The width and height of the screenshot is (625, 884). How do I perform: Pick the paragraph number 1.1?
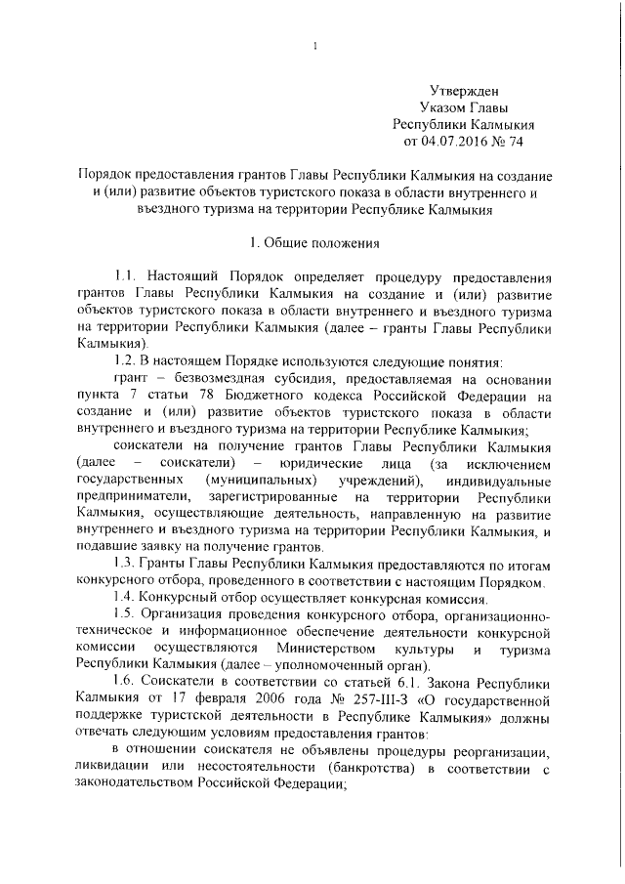click(x=127, y=276)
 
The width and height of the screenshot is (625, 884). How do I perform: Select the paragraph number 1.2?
click(x=127, y=361)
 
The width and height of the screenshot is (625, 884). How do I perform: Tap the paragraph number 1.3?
click(x=127, y=565)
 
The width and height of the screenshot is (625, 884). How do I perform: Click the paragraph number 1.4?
click(x=127, y=597)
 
